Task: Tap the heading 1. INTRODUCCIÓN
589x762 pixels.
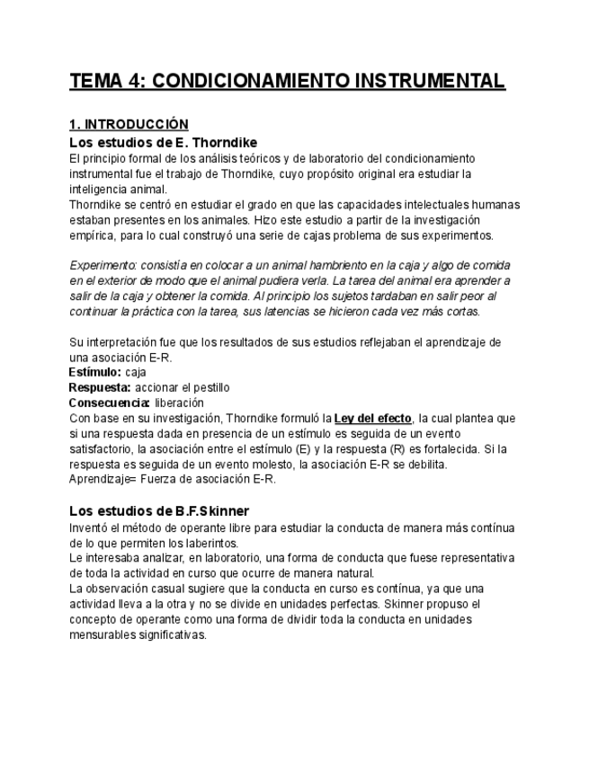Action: pos(129,124)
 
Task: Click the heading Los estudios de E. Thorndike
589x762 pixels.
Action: pos(164,142)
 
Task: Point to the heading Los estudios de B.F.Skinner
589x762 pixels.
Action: pos(159,510)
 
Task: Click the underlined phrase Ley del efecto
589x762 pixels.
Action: pos(372,418)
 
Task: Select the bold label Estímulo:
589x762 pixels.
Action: pos(95,371)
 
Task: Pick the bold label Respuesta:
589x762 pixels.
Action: pos(101,387)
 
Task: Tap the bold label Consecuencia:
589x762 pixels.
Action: pos(110,403)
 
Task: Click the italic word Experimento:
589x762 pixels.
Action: pos(103,265)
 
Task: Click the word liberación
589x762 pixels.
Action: pos(179,403)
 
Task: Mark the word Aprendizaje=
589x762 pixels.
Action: pos(103,479)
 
